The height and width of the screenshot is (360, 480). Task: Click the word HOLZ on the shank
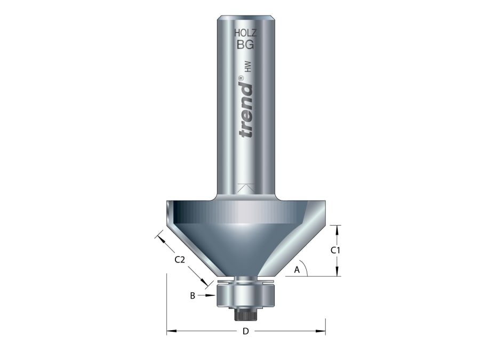click(245, 33)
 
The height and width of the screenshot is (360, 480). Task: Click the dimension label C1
click(336, 250)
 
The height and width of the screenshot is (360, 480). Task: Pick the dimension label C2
click(180, 260)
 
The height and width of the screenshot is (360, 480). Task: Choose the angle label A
click(297, 270)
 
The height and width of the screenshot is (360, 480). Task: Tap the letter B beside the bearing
click(192, 294)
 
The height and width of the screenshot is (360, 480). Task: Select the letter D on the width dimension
click(245, 331)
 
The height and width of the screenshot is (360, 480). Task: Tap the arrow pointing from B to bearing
click(208, 294)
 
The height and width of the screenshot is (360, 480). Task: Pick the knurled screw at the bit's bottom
click(245, 314)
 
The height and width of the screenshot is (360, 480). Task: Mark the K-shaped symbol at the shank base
click(245, 189)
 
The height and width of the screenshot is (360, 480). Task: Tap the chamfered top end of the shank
click(245, 19)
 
